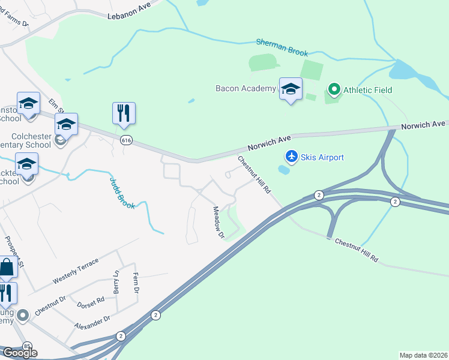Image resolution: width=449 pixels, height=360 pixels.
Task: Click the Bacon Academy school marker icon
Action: (291, 89)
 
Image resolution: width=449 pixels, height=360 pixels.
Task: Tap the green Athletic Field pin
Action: (334, 90)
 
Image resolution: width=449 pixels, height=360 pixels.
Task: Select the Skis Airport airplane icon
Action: (292, 157)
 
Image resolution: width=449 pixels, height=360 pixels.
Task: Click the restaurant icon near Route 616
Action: (124, 113)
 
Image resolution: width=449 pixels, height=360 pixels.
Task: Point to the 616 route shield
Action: (125, 140)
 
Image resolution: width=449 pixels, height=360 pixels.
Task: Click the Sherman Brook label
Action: (282, 47)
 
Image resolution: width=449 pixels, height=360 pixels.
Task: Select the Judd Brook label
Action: (122, 192)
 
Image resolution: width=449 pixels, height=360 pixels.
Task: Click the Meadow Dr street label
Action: (218, 223)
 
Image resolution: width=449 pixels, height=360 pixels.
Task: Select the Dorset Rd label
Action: (91, 302)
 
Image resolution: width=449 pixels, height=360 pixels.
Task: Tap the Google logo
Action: (19, 352)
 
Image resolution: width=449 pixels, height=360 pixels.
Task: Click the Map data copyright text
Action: (424, 355)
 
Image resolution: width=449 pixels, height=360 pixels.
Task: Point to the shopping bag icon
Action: (6, 268)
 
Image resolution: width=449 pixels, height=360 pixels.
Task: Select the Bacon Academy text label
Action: (246, 89)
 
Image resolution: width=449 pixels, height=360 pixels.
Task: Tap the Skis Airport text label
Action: (323, 157)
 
